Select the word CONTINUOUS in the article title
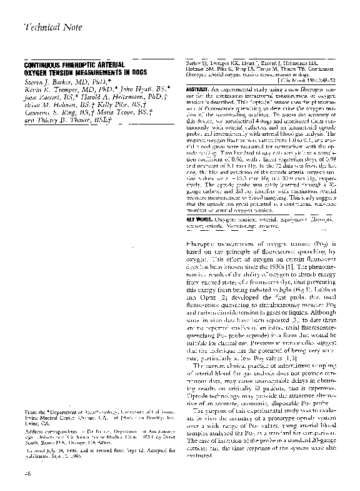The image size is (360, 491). click(43, 65)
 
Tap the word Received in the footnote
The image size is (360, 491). click(39, 449)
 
